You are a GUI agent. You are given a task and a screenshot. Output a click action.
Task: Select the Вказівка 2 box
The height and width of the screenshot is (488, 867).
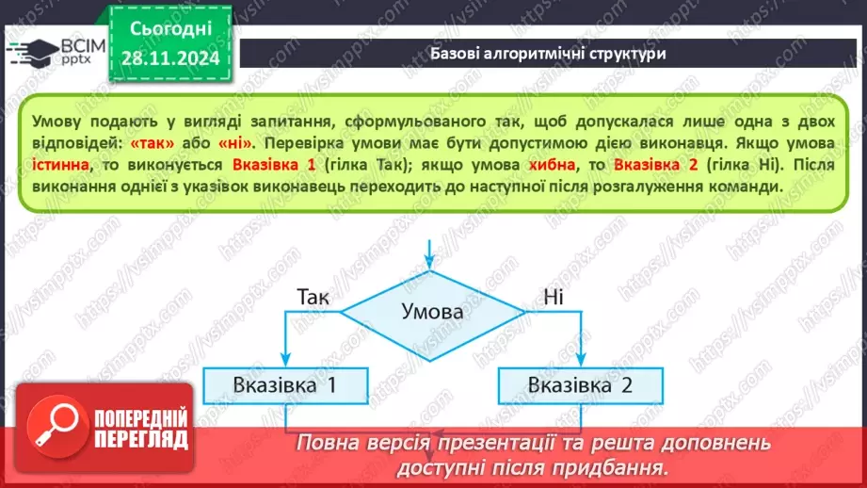[x=579, y=384]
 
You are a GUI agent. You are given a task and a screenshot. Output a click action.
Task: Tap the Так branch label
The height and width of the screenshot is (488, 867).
[x=313, y=297]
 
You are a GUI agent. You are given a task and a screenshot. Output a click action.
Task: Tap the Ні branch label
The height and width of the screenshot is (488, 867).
[x=554, y=297]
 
